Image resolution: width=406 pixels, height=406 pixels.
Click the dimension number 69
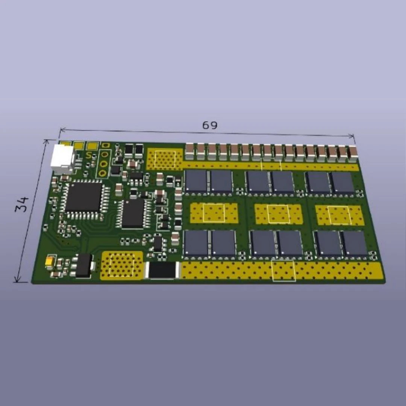[x=210, y=125]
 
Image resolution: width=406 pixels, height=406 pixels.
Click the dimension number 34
[x=22, y=205]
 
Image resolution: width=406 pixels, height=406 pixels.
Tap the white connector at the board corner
[x=63, y=159]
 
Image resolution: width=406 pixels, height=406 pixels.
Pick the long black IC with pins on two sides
[x=133, y=214]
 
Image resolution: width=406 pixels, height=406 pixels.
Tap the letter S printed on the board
[x=89, y=155]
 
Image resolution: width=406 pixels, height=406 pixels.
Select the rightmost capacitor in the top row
[x=353, y=154]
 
